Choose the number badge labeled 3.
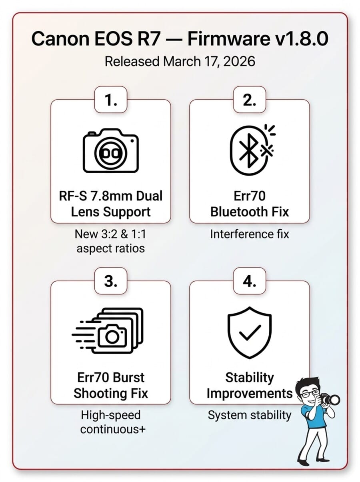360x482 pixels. [110, 282]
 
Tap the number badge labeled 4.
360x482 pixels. [249, 282]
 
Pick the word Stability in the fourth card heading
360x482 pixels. [249, 377]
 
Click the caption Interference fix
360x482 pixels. [249, 234]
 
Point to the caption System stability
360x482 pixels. [249, 415]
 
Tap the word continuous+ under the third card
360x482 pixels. [113, 430]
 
